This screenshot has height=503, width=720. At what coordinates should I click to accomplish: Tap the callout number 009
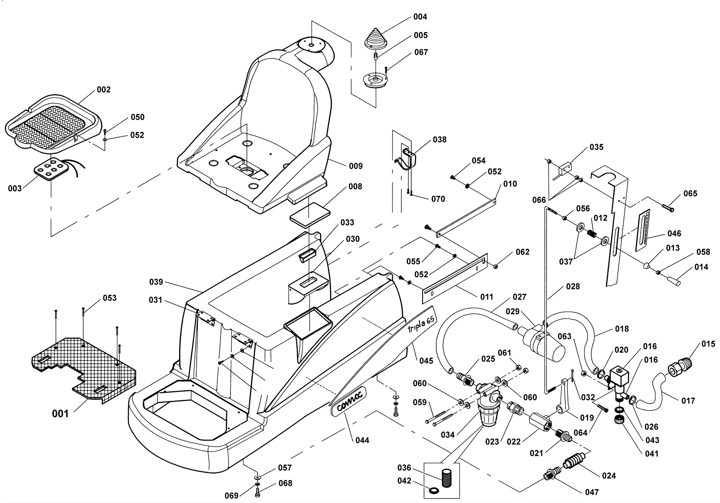[x=356, y=166]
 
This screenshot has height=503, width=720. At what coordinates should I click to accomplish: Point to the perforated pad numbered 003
[x=50, y=169]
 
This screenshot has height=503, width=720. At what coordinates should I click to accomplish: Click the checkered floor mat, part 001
[x=83, y=369]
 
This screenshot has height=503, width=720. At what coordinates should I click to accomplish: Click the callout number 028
[x=573, y=286]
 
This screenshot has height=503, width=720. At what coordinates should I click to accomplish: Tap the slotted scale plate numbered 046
[x=642, y=230]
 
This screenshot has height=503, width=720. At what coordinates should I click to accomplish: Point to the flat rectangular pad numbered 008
[x=310, y=215]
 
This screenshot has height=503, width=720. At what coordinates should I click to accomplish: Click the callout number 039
[x=156, y=282]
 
